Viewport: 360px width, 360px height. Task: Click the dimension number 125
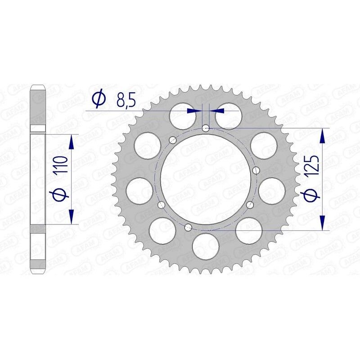(x=313, y=165)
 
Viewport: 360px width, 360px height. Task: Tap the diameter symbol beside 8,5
(x=99, y=99)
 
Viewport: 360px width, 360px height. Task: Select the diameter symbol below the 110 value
(x=63, y=194)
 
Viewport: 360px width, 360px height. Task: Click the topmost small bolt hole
(x=206, y=128)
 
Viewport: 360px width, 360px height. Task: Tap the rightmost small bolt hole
(x=256, y=170)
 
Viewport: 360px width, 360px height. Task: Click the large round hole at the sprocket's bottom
(x=205, y=248)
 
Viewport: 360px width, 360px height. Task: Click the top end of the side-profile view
(x=38, y=86)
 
